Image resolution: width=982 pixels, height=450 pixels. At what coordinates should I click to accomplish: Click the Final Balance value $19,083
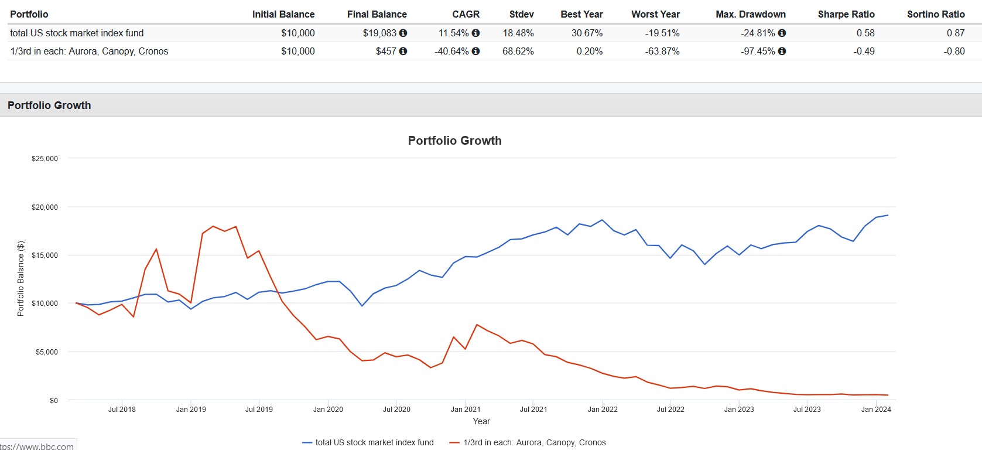pos(379,33)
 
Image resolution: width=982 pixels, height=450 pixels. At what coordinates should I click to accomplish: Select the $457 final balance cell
pos(386,51)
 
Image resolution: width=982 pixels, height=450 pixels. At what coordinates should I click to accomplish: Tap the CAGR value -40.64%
pos(451,51)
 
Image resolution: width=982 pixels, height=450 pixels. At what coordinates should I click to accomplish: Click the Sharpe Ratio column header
pos(846,14)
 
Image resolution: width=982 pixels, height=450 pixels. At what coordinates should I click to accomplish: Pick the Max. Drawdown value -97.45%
pos(758,51)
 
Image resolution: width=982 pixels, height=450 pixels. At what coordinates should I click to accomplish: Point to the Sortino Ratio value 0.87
pos(955,33)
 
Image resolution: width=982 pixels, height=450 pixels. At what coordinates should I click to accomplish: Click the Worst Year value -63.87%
pos(662,51)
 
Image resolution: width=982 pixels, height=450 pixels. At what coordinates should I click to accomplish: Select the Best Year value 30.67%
pos(587,33)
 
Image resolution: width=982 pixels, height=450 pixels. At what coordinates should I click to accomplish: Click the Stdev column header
pos(521,14)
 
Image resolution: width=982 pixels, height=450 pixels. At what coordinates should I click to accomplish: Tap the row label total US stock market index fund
pos(77,33)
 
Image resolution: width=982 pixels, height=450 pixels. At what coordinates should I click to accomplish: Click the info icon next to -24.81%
pos(782,33)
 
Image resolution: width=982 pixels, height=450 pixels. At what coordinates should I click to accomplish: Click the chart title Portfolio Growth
pos(454,141)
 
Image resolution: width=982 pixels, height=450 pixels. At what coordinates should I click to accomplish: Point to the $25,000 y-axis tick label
pos(45,158)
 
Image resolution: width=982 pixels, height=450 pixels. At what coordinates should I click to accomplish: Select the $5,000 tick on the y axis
pos(47,352)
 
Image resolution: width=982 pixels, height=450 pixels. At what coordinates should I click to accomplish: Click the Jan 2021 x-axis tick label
pos(466,409)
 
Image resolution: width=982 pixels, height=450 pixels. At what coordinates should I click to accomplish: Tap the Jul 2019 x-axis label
pos(259,409)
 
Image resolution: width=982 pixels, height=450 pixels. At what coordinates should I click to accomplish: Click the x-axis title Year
pos(481,421)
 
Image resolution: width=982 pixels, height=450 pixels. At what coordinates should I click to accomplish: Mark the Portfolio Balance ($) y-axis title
pos(21,278)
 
